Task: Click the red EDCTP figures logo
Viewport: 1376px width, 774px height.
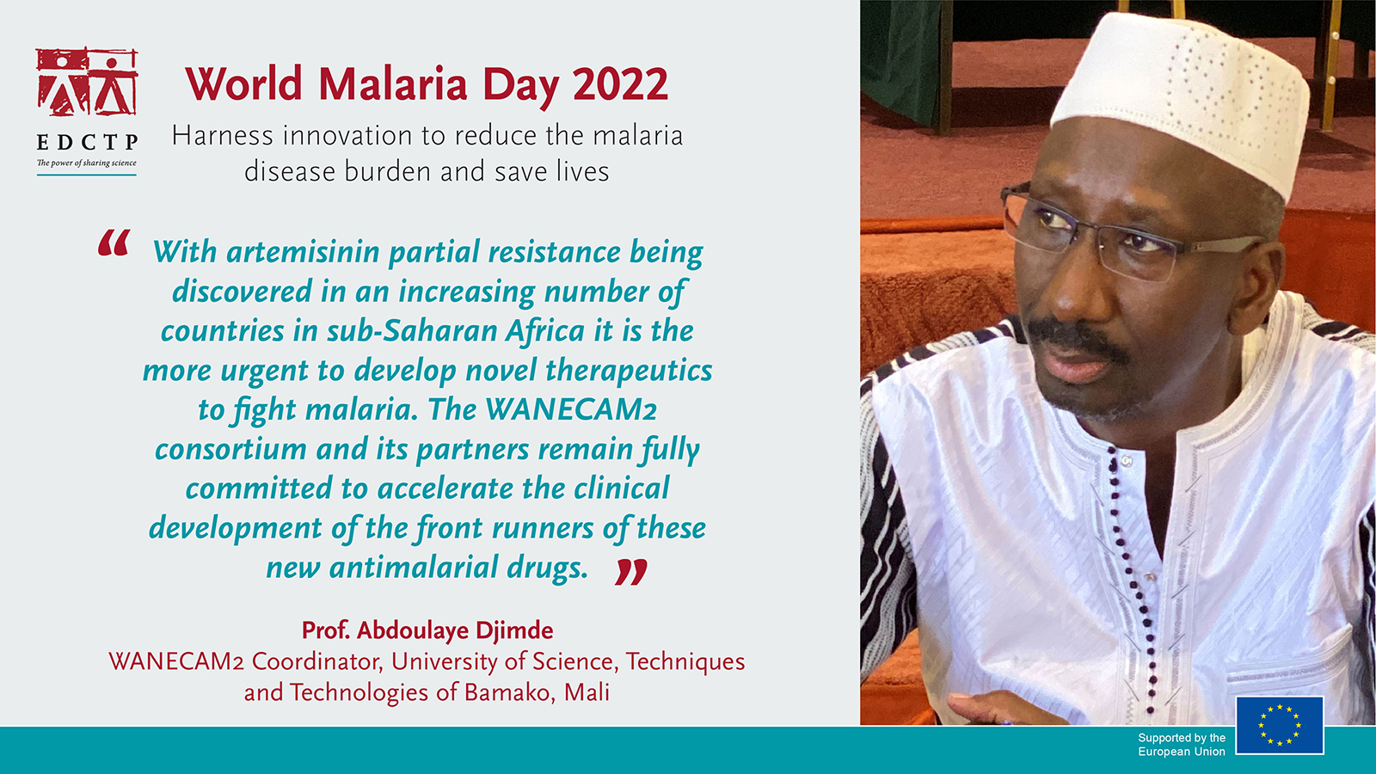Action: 87,82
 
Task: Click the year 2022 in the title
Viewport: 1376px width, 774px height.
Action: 620,84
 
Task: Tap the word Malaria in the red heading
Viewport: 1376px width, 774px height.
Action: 393,84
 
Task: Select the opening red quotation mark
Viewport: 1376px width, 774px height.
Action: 114,243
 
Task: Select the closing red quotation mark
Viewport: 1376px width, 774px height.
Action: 631,572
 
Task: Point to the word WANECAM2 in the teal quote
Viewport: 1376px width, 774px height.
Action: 571,409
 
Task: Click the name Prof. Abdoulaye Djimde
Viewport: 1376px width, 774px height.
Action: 427,630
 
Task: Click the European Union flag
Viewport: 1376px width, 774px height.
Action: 1280,726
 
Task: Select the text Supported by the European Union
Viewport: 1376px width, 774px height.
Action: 1182,745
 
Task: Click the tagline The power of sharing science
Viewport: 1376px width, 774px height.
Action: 87,163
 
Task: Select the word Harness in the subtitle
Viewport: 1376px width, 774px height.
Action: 222,136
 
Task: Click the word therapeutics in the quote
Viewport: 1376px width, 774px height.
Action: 629,371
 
